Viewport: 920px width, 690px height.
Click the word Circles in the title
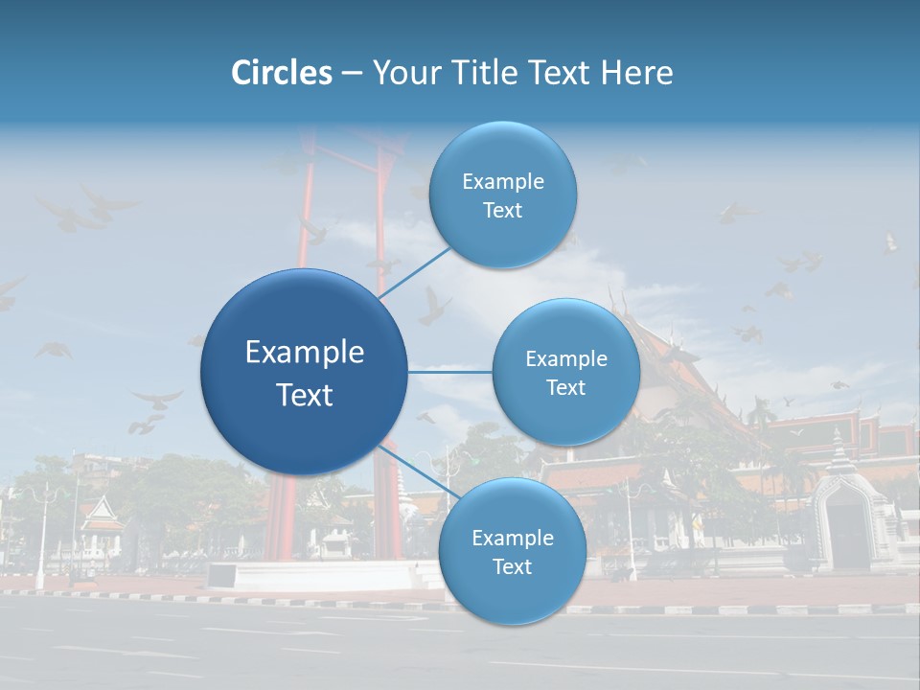[x=282, y=73]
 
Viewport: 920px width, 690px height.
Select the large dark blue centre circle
[x=304, y=372]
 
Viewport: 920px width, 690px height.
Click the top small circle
[x=502, y=195]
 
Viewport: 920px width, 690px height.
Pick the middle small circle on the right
[x=565, y=372]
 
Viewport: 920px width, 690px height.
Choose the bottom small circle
[x=512, y=551]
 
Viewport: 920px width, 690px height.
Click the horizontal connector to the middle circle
[x=449, y=372]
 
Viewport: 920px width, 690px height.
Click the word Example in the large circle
[x=304, y=353]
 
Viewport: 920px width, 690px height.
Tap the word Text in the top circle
[x=502, y=211]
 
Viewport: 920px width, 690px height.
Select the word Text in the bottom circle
[x=512, y=566]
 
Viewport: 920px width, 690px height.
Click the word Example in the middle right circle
[x=565, y=358]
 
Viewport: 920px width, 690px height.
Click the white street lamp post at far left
[x=40, y=537]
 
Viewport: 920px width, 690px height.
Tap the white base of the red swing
[x=316, y=575]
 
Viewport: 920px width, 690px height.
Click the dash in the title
[x=352, y=73]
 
